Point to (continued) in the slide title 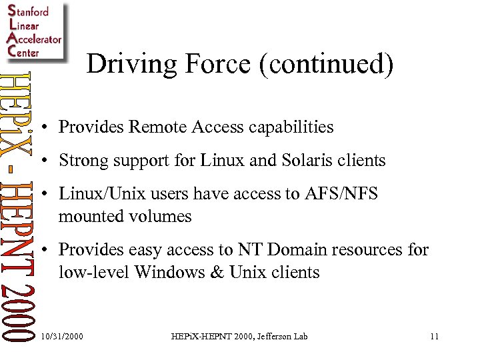(323, 65)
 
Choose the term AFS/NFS (344, 194)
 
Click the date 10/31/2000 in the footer (62, 337)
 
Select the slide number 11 (434, 337)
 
